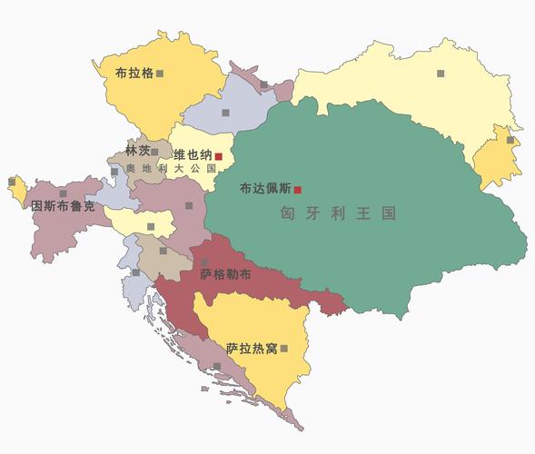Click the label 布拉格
click(x=134, y=73)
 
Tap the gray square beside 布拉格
click(x=160, y=73)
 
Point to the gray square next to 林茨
click(x=155, y=153)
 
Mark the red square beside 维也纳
click(x=218, y=156)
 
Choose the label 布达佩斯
click(x=265, y=190)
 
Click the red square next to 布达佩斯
click(x=297, y=190)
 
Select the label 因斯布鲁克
click(x=63, y=206)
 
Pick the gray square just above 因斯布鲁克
click(x=63, y=193)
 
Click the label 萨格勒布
click(x=226, y=273)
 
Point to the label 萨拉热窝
click(x=252, y=348)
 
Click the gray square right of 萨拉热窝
click(x=284, y=348)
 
